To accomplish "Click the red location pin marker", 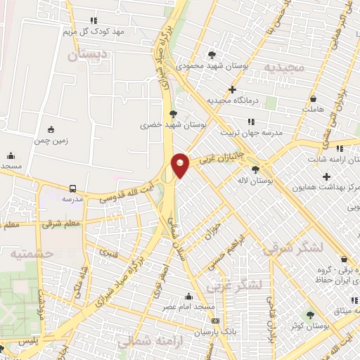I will click(180, 165).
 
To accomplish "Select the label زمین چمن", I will click(51, 139).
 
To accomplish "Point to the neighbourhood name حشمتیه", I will click(22, 253).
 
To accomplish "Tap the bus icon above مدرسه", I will click(73, 188).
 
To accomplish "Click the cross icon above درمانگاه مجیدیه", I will click(233, 89).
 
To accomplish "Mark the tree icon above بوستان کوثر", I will click(311, 314).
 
